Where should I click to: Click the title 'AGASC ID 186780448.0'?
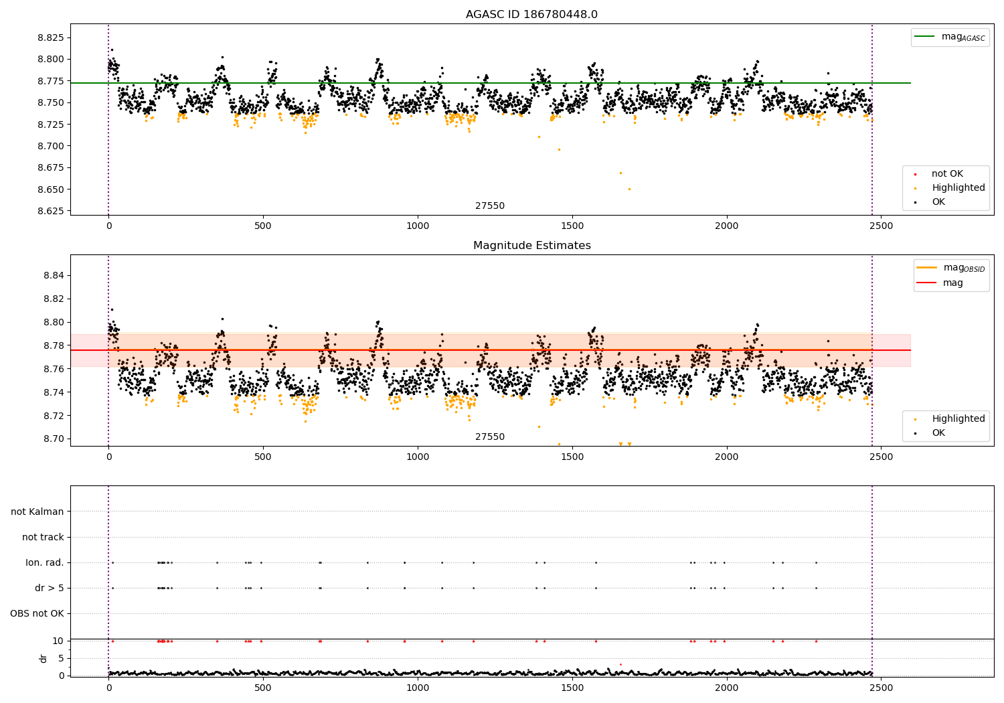(x=531, y=14)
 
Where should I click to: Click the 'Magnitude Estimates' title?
(x=532, y=245)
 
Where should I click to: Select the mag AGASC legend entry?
(x=950, y=37)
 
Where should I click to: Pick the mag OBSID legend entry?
(x=950, y=268)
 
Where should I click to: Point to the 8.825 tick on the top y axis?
(x=51, y=37)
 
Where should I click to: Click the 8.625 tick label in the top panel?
(x=51, y=211)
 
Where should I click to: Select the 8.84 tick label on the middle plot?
(x=54, y=275)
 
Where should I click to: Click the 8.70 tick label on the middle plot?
(x=54, y=439)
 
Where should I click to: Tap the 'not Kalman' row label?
(x=37, y=512)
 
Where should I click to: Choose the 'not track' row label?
(x=43, y=537)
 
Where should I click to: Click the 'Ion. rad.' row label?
(x=44, y=562)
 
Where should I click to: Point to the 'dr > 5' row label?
(x=50, y=589)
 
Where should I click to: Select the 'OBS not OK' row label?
(x=37, y=613)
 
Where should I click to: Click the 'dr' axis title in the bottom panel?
(x=43, y=659)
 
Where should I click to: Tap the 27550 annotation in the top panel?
(x=490, y=206)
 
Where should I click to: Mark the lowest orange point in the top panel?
(x=629, y=189)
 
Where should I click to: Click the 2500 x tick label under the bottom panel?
(x=882, y=688)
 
